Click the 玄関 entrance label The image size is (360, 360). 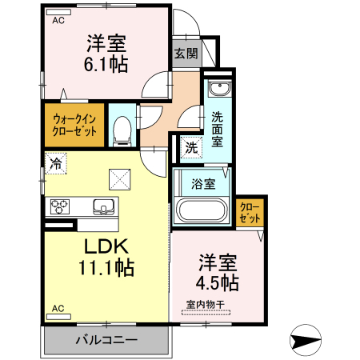point(186,54)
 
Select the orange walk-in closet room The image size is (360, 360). point(73,126)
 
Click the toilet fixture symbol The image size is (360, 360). point(122,130)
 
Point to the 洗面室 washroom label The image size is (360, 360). point(217,129)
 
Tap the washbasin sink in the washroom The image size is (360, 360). point(217,88)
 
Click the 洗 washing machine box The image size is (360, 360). point(190,147)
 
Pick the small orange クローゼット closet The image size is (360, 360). point(250,212)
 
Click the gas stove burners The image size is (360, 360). point(61,206)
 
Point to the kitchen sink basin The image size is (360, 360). point(104,206)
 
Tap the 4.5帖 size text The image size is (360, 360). point(218,282)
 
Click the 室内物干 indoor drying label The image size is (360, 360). point(206,303)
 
